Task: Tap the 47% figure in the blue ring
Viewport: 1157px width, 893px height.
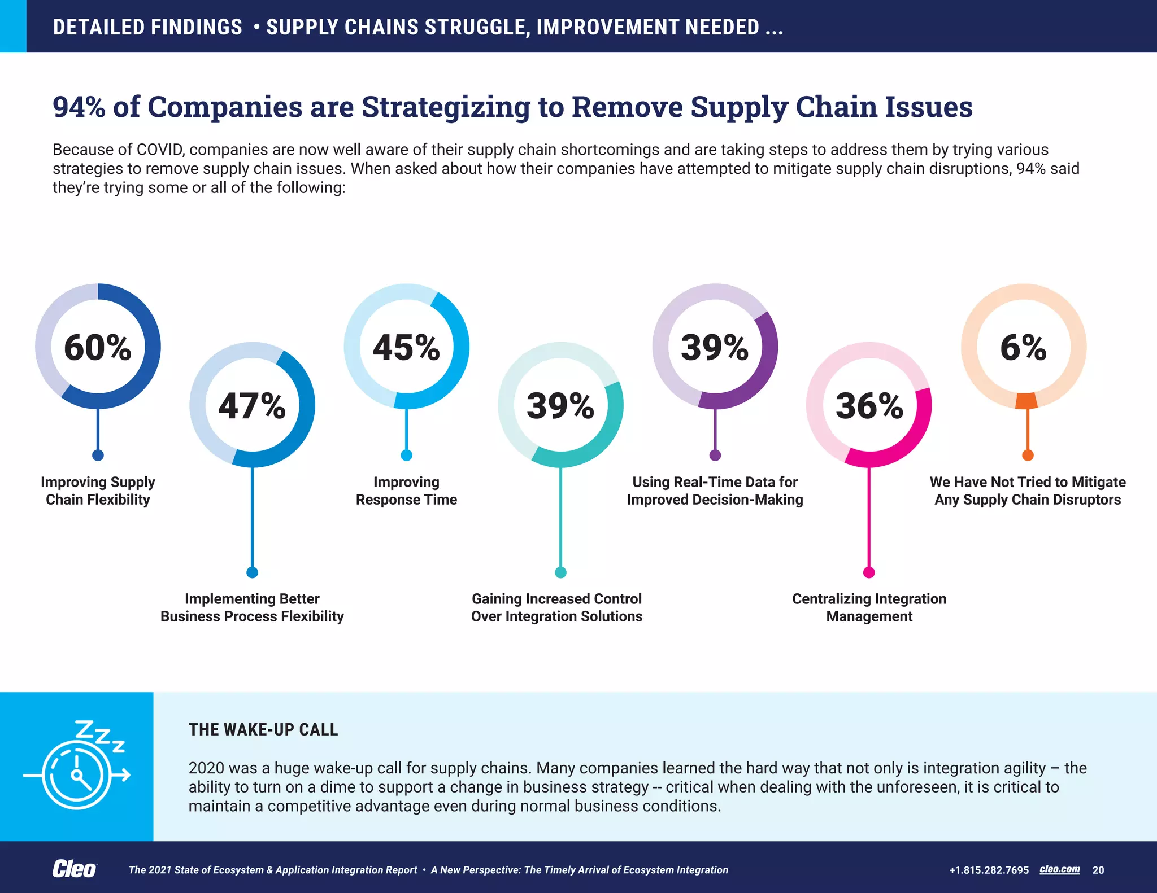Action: (252, 406)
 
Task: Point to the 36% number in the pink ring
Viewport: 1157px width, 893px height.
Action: (869, 406)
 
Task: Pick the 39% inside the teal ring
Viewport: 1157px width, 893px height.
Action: (560, 406)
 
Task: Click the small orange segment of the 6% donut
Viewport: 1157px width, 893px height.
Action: (1026, 401)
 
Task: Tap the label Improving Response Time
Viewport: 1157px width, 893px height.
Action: (406, 491)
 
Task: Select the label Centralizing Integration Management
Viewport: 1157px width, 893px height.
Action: (869, 607)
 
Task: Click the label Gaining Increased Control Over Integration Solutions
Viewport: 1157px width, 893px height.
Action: (557, 607)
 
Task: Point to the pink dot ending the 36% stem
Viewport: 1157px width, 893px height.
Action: (869, 572)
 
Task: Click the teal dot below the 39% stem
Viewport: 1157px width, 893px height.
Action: (560, 572)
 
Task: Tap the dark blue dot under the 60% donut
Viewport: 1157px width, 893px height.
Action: (98, 455)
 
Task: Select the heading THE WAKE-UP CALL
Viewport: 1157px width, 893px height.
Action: (263, 729)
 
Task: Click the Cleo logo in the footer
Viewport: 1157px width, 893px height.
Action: (74, 869)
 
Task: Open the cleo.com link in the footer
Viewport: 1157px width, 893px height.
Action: (1059, 869)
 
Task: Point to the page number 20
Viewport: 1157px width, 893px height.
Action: (1098, 870)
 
